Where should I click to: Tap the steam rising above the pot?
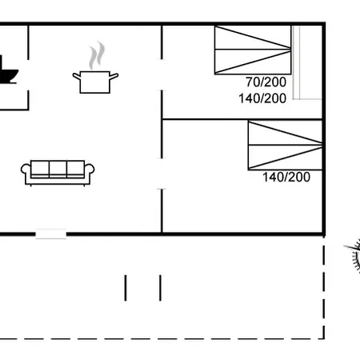[97, 55]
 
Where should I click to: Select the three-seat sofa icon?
[58, 173]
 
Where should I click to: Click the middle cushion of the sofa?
[58, 169]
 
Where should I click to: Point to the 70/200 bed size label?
[266, 82]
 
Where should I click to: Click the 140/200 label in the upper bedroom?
[262, 98]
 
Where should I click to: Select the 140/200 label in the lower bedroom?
[286, 177]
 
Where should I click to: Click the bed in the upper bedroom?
[253, 50]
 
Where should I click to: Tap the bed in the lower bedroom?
[285, 145]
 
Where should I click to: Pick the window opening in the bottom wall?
[51, 234]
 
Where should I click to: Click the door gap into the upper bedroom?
[162, 75]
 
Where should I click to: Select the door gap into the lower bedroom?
[162, 174]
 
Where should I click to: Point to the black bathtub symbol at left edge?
[8, 70]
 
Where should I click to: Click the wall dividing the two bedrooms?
[242, 119]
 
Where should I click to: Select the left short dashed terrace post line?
[126, 288]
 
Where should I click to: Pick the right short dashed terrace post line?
[160, 288]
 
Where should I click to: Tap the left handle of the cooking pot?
[77, 77]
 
